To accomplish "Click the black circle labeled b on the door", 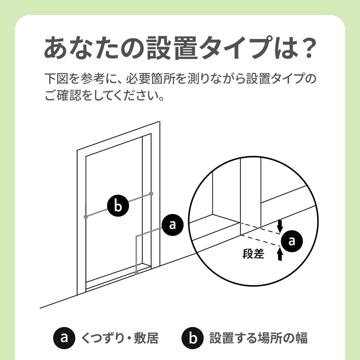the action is [118, 206].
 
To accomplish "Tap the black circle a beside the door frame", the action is [172, 225].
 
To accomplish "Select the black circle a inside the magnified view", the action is [292, 241].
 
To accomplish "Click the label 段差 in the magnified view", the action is [253, 254].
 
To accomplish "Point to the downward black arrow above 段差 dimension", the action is [280, 226].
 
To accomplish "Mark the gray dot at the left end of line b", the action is [86, 217].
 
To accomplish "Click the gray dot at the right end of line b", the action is [151, 193].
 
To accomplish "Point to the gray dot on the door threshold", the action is [136, 273].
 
